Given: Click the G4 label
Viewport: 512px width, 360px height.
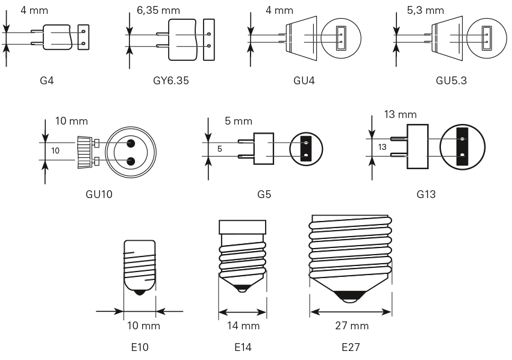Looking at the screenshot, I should coord(46,79).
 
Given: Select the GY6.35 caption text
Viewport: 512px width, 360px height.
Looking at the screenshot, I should coord(171,79).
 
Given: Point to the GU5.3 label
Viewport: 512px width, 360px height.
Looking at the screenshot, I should coord(452,79).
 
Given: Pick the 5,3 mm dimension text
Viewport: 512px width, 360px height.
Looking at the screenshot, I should coord(425,10).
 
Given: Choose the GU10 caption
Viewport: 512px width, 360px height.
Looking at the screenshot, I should coord(99,194).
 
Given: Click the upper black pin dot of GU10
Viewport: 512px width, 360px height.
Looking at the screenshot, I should coord(130,143).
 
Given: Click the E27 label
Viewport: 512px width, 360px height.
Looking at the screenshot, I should coord(350,347).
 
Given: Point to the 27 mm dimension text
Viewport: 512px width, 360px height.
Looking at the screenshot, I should coord(352,326).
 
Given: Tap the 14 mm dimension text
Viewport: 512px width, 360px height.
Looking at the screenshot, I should coord(243,326).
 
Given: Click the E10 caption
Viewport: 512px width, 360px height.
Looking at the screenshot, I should coord(139,347).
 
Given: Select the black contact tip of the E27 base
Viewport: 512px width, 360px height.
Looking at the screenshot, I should coord(351,295).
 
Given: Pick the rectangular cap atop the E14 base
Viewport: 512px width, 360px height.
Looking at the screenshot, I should coord(242,227).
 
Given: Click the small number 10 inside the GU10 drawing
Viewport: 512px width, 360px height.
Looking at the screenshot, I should coord(55,151).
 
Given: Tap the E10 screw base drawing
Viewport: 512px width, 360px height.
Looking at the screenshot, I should coord(139,265).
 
